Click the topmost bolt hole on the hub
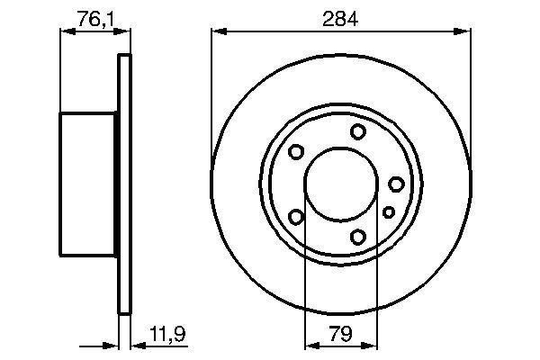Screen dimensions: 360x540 point(358,132)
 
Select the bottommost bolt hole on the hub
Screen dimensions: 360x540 point(358,237)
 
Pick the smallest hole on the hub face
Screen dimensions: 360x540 point(389,212)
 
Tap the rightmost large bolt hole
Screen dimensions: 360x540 point(396,184)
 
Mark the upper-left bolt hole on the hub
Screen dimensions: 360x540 point(296,153)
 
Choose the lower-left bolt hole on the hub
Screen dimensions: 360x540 point(296,216)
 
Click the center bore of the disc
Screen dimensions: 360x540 point(341,184)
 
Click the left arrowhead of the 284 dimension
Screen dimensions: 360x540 point(217,32)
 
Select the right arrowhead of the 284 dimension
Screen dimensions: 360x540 point(465,32)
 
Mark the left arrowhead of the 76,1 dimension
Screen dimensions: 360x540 point(65,32)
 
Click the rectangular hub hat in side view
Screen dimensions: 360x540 point(88,184)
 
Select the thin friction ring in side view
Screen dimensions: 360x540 point(125,184)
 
